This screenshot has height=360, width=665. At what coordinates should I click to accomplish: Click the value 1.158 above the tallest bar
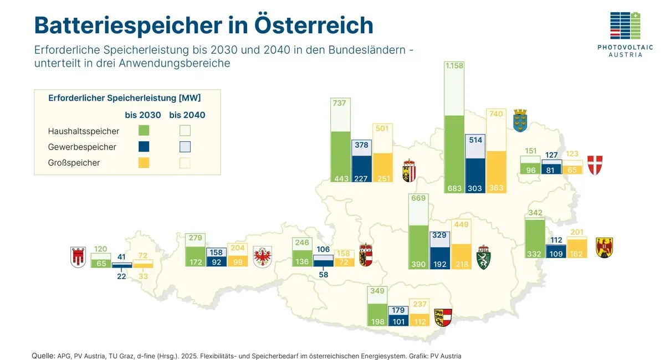(454, 66)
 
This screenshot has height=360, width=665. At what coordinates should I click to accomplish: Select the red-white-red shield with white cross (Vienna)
(595, 165)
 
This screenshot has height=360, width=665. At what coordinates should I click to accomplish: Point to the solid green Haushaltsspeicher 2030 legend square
(144, 131)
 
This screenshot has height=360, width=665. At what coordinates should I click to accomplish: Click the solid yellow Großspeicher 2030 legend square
(144, 163)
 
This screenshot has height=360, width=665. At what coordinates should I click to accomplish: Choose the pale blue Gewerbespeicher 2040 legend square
(186, 147)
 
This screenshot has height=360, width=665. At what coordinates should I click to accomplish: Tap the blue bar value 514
(475, 141)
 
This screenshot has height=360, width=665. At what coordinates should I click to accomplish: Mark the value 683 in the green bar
(454, 188)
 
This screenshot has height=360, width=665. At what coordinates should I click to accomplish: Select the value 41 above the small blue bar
(122, 257)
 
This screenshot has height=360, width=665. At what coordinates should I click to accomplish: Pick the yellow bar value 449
(461, 224)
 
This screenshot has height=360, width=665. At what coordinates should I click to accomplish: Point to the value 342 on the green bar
(535, 213)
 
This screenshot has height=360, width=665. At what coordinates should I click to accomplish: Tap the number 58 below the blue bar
(324, 275)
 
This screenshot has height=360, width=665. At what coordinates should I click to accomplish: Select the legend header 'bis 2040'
(187, 116)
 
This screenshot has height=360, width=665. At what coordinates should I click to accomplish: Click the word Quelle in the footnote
(43, 356)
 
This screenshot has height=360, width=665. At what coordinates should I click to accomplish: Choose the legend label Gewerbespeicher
(82, 147)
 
